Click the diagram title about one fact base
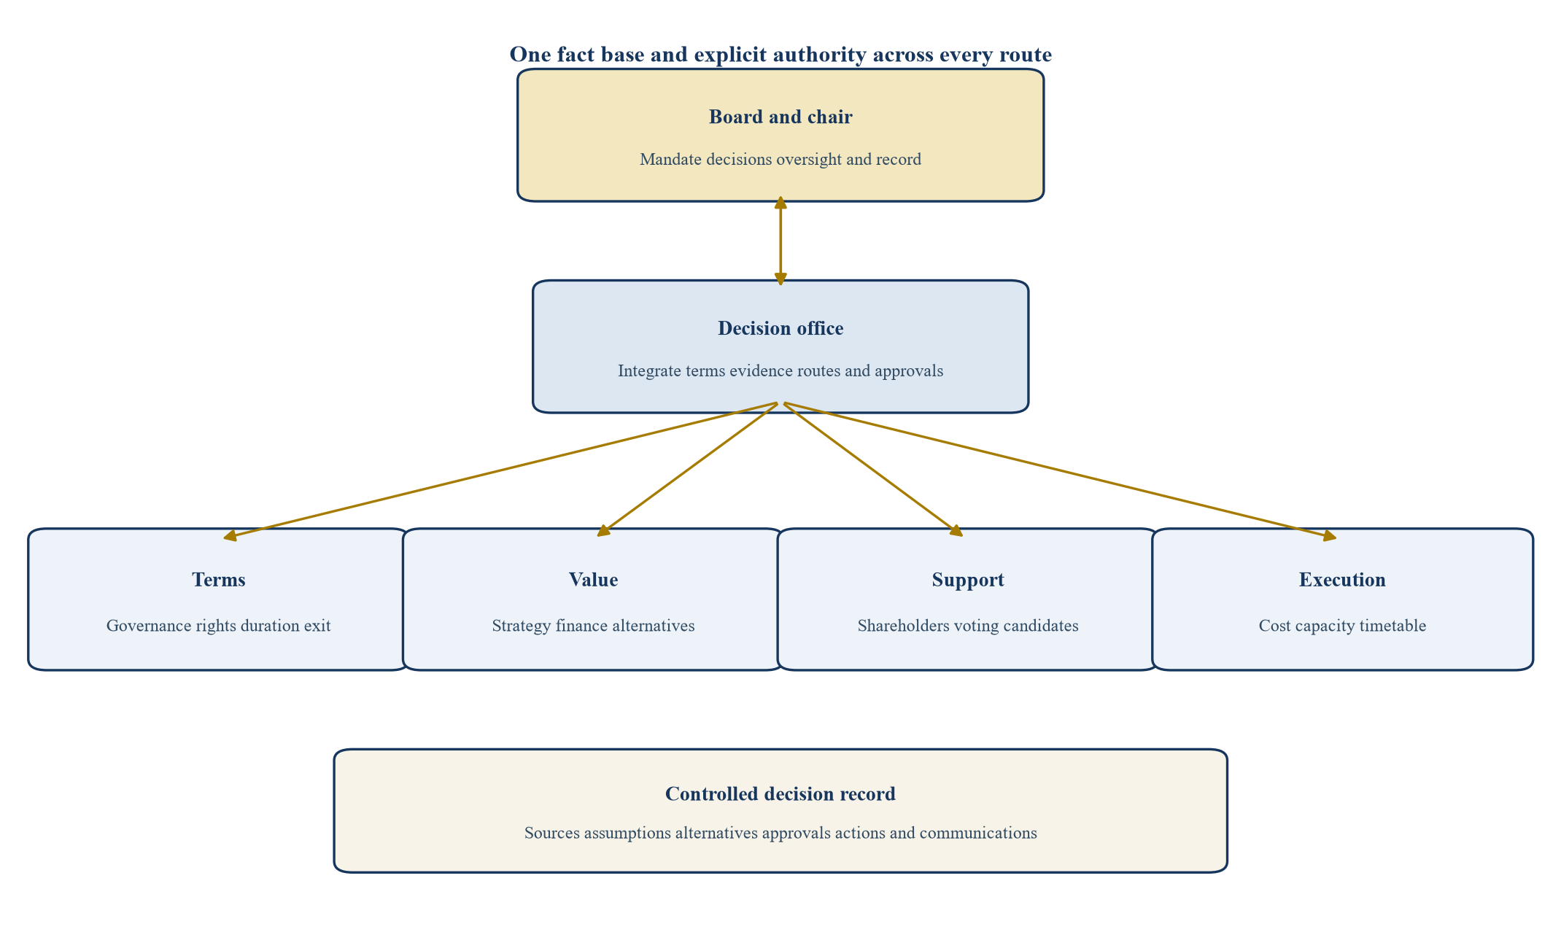click(x=780, y=55)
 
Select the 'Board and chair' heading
click(x=780, y=117)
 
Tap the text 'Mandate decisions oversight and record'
click(x=780, y=159)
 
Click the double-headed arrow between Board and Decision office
click(x=780, y=241)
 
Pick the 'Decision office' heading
click(x=780, y=328)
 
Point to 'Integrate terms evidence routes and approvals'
click(x=780, y=371)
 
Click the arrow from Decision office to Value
click(x=688, y=469)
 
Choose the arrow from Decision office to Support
click(x=873, y=469)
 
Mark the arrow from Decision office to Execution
click(x=1060, y=471)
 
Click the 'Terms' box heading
click(x=219, y=580)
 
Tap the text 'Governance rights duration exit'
click(x=219, y=626)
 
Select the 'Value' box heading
click(x=594, y=580)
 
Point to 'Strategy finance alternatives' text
click(x=594, y=626)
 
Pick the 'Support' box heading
click(x=968, y=580)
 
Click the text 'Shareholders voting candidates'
click(x=968, y=626)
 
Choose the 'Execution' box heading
click(x=1343, y=580)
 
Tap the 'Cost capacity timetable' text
click(x=1343, y=626)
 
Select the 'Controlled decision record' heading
click(x=780, y=794)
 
